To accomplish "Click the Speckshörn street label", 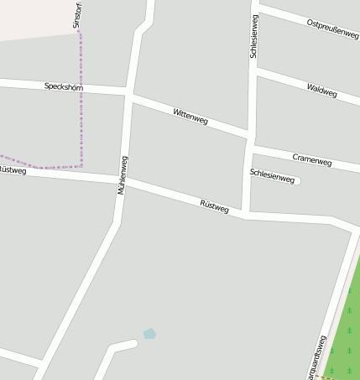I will tap(63, 86).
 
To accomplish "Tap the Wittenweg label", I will tap(190, 117).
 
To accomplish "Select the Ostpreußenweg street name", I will tap(332, 29).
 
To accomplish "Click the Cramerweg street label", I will tap(312, 159).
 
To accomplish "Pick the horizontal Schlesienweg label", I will tap(272, 175).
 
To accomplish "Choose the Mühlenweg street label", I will tap(123, 175).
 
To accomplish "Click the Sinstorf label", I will tap(77, 15).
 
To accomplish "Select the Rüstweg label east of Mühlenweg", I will tap(215, 206).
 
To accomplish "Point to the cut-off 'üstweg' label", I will tap(13, 170).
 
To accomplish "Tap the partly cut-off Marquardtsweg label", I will tap(316, 358).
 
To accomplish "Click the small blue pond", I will tap(149, 334).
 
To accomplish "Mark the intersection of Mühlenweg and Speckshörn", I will tap(128, 91).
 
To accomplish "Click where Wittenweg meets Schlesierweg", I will tap(249, 136).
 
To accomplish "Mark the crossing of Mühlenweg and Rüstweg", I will tap(123, 180).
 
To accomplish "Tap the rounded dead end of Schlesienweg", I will tap(297, 180).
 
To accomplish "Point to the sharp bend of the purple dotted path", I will tap(81, 165).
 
